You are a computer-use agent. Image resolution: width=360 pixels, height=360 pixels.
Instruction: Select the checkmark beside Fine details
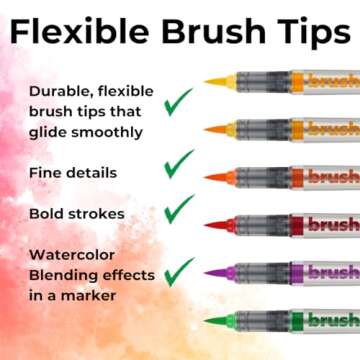click(179, 163)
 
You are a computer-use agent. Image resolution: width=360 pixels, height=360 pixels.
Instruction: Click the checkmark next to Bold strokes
click(179, 208)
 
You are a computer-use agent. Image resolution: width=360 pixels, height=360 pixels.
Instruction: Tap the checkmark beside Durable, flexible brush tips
click(179, 101)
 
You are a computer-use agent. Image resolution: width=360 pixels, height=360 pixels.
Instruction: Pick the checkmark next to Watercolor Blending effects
click(179, 270)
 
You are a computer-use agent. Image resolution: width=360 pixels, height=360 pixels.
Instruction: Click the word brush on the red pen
click(333, 224)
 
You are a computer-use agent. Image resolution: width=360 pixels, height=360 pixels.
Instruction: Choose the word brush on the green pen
click(333, 320)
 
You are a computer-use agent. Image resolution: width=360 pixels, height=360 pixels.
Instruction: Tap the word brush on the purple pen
click(333, 272)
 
